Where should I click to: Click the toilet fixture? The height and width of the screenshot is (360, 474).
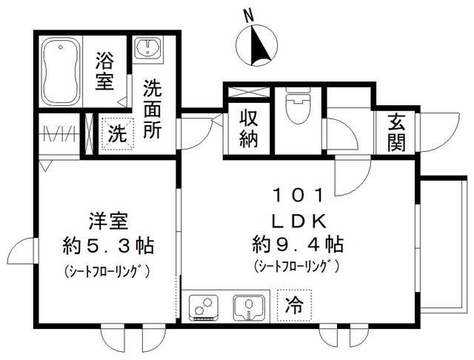tap(297, 109)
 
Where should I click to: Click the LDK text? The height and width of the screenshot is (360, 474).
tap(298, 220)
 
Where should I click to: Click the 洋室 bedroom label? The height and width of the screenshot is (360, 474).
tap(104, 221)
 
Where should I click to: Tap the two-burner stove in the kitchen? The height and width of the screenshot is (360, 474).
tap(204, 306)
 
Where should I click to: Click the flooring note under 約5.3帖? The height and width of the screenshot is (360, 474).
tap(105, 270)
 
